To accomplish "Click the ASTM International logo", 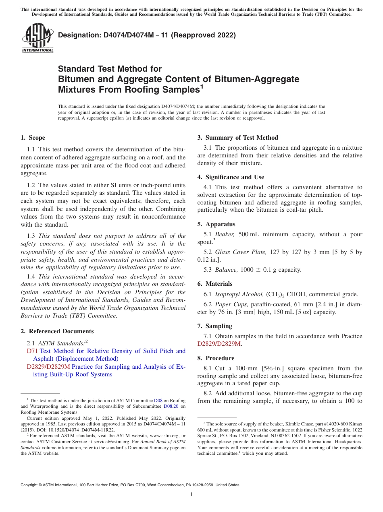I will (x=37, y=38).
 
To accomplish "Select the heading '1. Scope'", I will (x=33, y=138).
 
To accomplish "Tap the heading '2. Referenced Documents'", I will (x=57, y=331).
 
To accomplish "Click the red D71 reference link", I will (x=32, y=351).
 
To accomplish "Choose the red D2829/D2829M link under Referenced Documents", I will (x=48, y=367).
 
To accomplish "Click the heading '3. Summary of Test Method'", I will (x=237, y=138).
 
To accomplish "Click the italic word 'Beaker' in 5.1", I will (x=224, y=234).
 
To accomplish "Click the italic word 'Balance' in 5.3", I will (x=225, y=270).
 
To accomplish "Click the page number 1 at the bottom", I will (x=191, y=495).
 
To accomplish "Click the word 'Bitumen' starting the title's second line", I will (x=75, y=79).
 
